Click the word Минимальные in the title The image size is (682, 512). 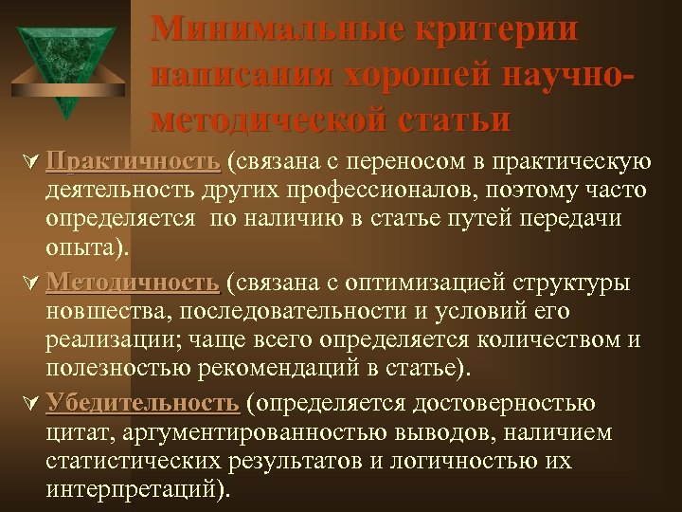tap(275, 28)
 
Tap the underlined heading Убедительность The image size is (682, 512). tap(141, 403)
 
